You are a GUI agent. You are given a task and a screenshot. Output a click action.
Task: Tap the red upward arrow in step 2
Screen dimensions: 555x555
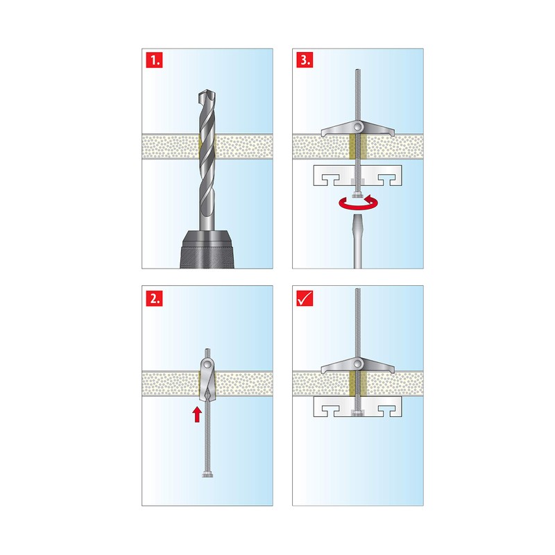(197, 415)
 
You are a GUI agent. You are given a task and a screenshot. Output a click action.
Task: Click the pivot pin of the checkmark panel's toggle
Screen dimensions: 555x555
(358, 364)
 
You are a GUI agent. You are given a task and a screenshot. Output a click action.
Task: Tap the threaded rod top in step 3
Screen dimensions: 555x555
(358, 72)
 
